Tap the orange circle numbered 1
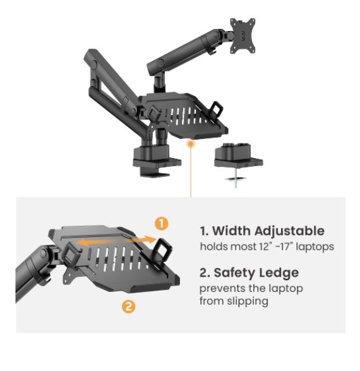click(x=162, y=224)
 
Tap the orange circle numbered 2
click(x=129, y=307)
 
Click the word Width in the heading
click(x=232, y=231)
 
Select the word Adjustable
click(x=289, y=231)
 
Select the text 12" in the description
click(x=265, y=246)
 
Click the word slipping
click(x=248, y=301)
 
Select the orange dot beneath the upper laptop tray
click(x=190, y=143)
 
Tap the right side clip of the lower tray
click(x=163, y=250)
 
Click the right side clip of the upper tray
click(x=216, y=108)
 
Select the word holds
click(x=214, y=246)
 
